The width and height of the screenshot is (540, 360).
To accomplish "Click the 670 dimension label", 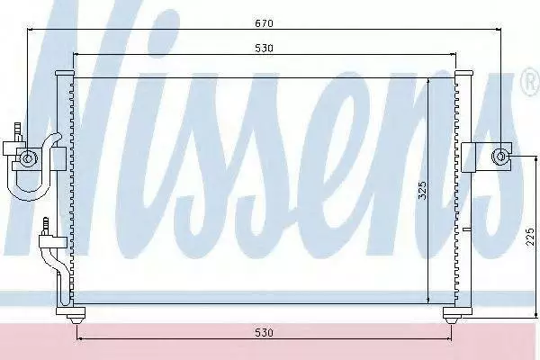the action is click(x=264, y=23).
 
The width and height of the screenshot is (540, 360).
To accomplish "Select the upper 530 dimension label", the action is click(x=264, y=49).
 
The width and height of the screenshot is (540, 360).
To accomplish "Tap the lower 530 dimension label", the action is click(x=264, y=332).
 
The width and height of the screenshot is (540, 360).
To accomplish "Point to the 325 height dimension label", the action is click(x=422, y=190).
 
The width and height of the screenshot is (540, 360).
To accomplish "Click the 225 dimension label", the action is click(x=531, y=237).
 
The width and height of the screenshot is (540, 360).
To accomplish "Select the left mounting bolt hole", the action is click(x=27, y=158).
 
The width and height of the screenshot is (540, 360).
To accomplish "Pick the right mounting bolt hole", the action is click(x=499, y=157).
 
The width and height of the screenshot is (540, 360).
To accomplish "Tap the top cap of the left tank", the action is click(x=65, y=74).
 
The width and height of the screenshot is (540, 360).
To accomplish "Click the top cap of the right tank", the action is click(x=463, y=74).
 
